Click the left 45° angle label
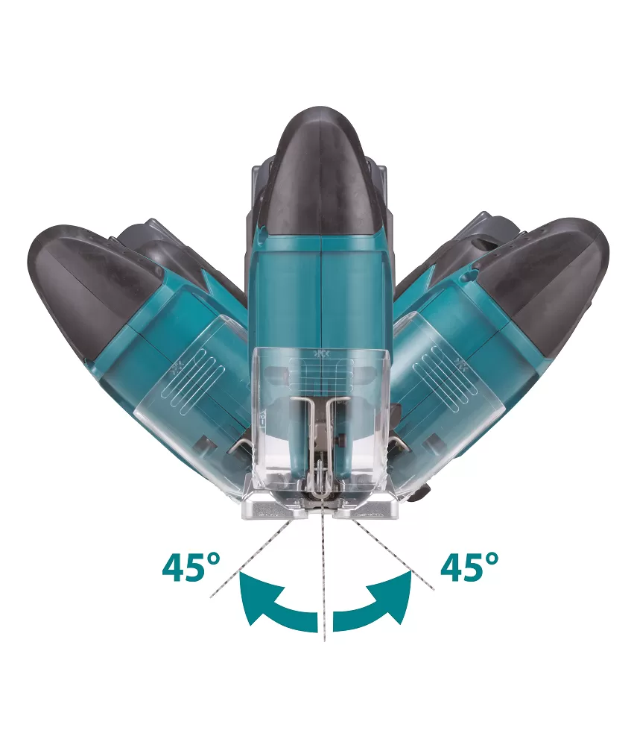tap(191, 566)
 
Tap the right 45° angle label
tap(469, 566)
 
